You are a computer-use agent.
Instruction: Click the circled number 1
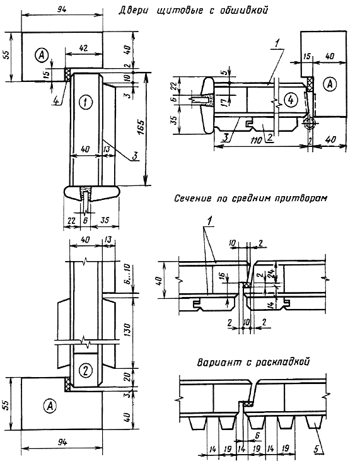(86, 102)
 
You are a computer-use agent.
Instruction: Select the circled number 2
(86, 370)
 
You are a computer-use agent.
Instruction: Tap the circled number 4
(291, 100)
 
